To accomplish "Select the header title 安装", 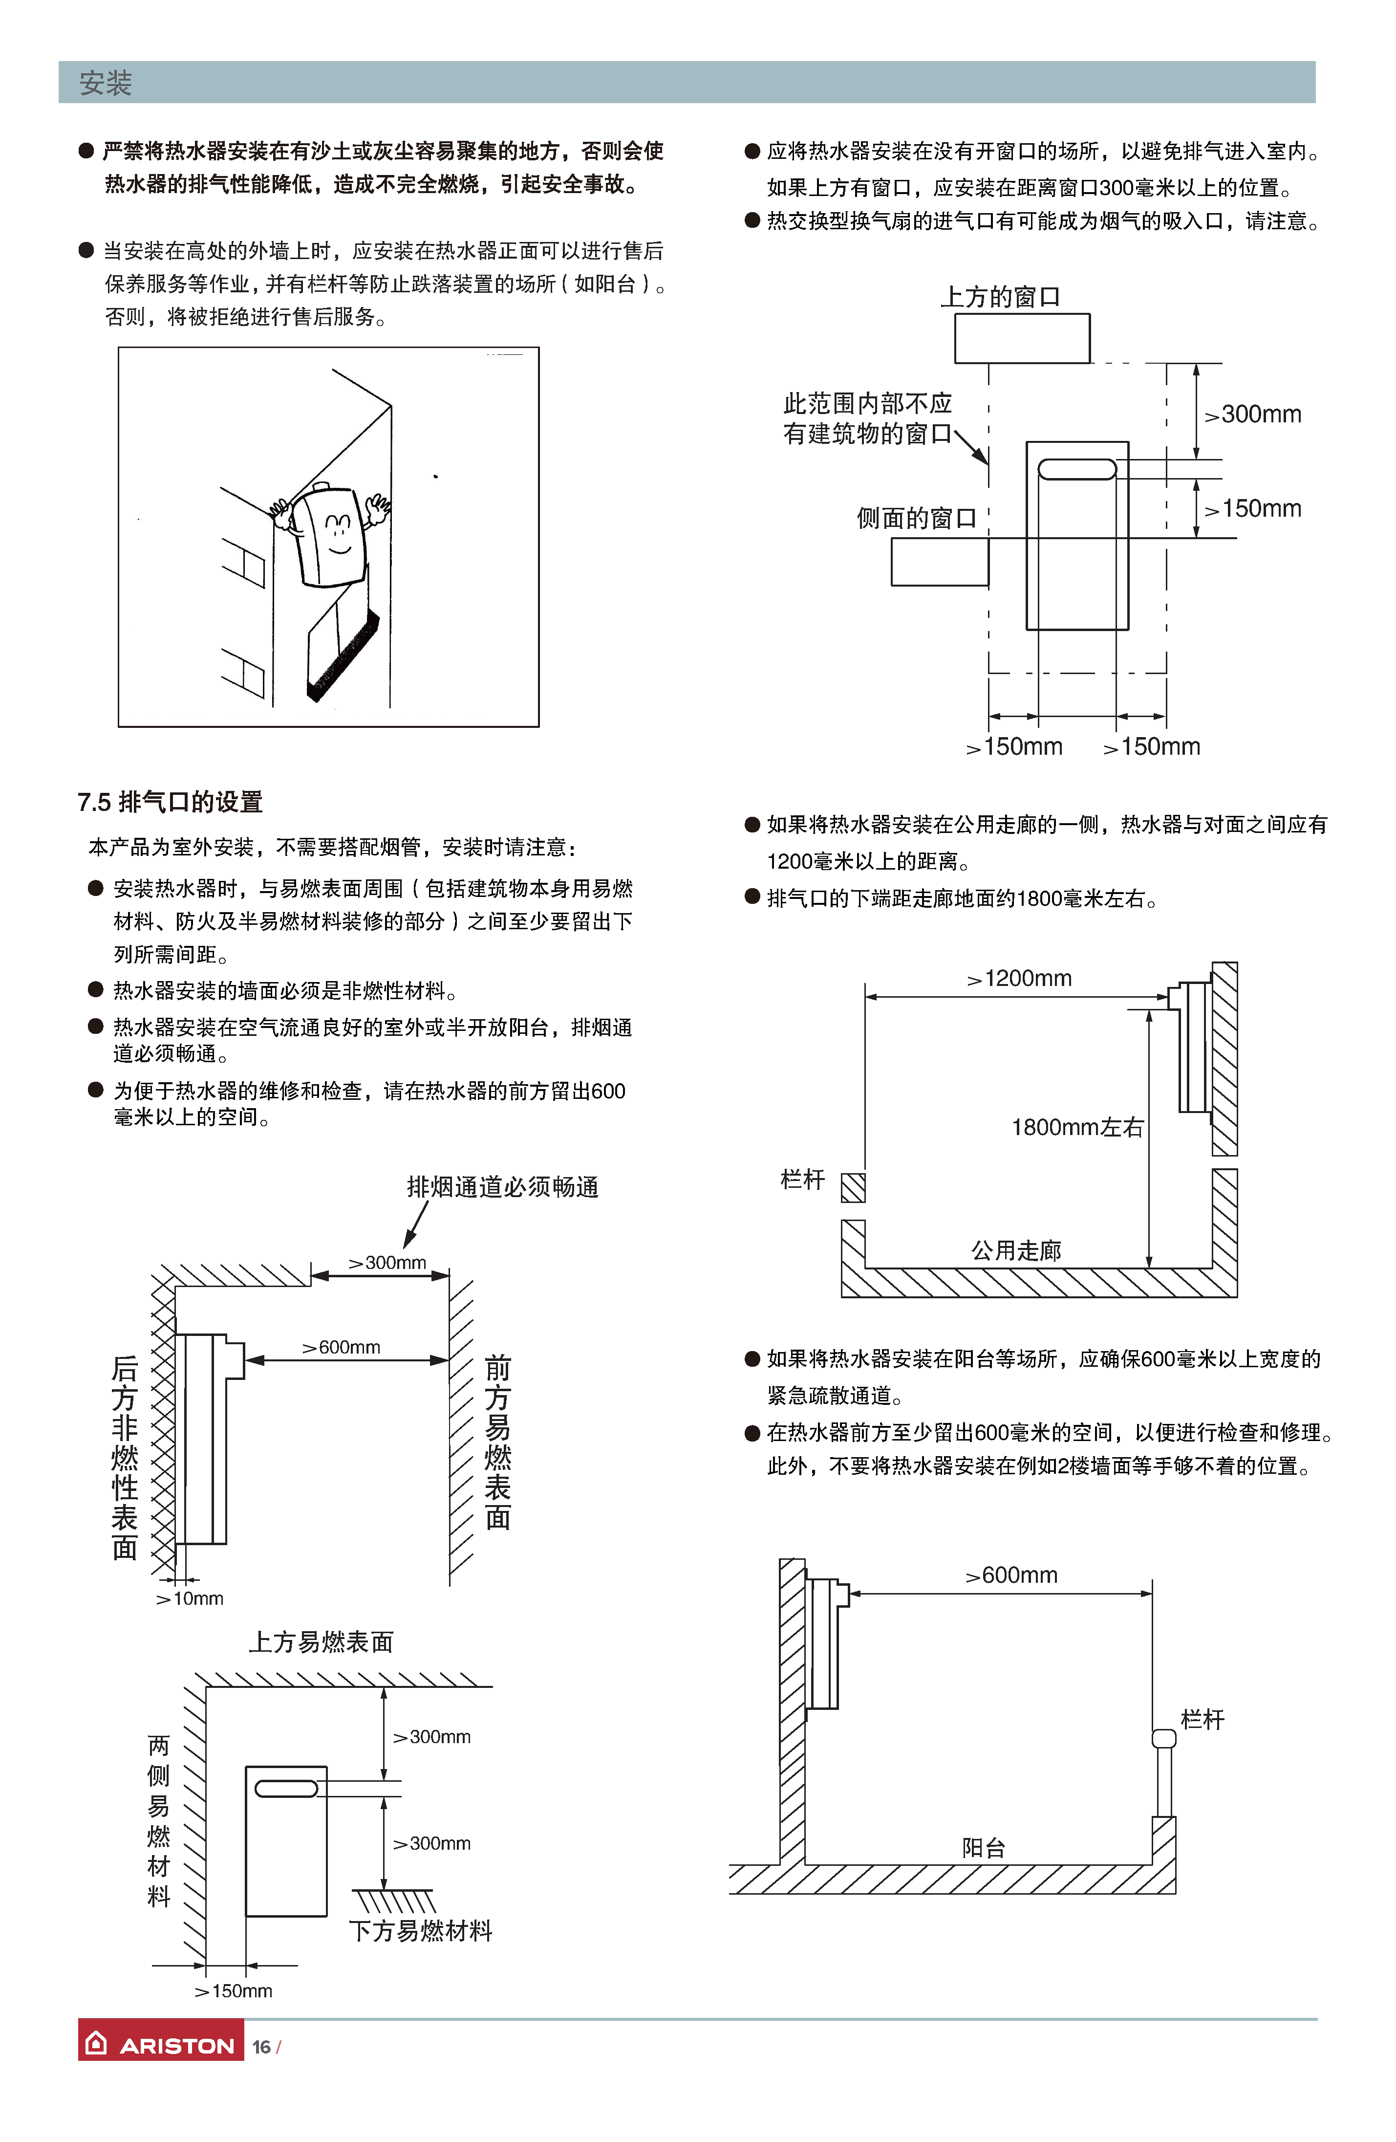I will (105, 83).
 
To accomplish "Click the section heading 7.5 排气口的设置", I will (170, 801).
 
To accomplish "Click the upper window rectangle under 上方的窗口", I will (1022, 338).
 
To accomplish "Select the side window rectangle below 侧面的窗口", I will (939, 562).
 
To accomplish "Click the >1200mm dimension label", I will (1019, 978).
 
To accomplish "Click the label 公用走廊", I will (1015, 1250).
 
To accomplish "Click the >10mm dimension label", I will (190, 1598).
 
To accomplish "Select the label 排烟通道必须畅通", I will (502, 1187).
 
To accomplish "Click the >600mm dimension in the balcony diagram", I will (1011, 1575).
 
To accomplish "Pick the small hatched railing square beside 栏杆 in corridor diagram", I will (853, 1187).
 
